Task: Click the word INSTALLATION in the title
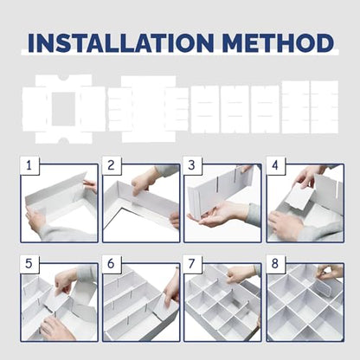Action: (x=121, y=43)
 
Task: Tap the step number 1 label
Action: (x=29, y=165)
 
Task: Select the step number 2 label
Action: (x=111, y=165)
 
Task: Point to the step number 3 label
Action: (x=191, y=165)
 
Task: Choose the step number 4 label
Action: (x=275, y=165)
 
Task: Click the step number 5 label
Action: (x=29, y=264)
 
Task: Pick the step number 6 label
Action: (x=111, y=264)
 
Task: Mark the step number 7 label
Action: (x=191, y=264)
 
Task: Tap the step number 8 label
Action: (x=275, y=264)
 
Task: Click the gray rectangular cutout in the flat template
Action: (x=63, y=109)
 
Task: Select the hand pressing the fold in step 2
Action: (x=143, y=181)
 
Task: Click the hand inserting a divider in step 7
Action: (x=240, y=274)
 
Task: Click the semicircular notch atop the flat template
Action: (x=64, y=78)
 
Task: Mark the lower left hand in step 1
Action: (x=36, y=222)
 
